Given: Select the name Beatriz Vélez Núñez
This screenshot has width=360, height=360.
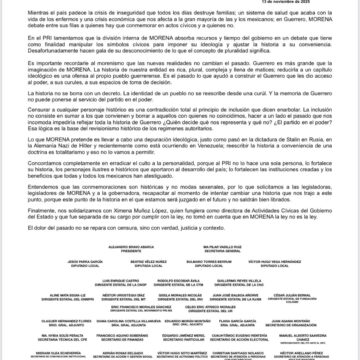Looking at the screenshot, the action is (149, 261).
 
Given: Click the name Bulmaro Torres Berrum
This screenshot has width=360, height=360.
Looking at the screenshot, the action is (209, 261).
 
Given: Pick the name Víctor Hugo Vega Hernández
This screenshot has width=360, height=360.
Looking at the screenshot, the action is (274, 261).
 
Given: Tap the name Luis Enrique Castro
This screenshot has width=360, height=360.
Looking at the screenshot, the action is (121, 280).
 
